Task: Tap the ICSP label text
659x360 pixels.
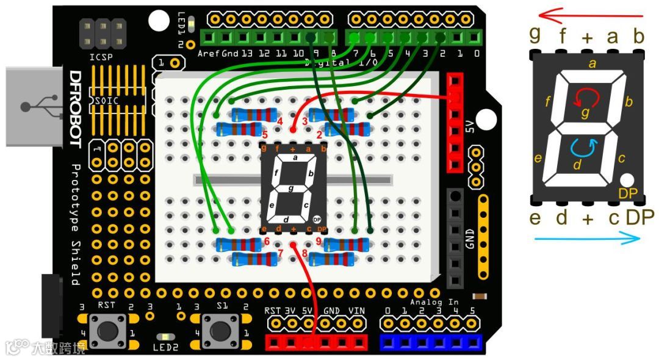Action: coord(101,58)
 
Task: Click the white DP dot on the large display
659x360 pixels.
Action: coord(627,180)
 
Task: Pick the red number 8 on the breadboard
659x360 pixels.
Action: coord(297,253)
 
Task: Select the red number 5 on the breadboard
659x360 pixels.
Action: coord(265,134)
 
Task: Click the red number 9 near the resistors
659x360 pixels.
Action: coord(319,241)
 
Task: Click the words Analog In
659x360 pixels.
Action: coord(434,302)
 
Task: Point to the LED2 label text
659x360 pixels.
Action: coord(163,348)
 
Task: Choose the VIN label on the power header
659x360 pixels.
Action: coord(356,311)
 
